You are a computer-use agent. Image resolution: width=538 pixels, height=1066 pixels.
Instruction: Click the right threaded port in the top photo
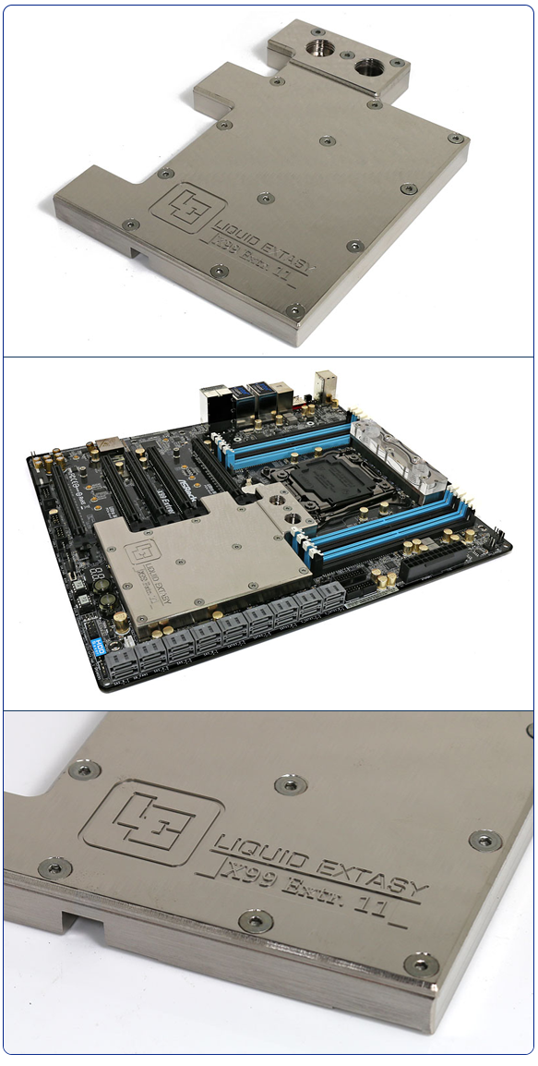[372, 67]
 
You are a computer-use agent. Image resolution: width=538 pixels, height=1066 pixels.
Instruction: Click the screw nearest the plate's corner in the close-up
[421, 964]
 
